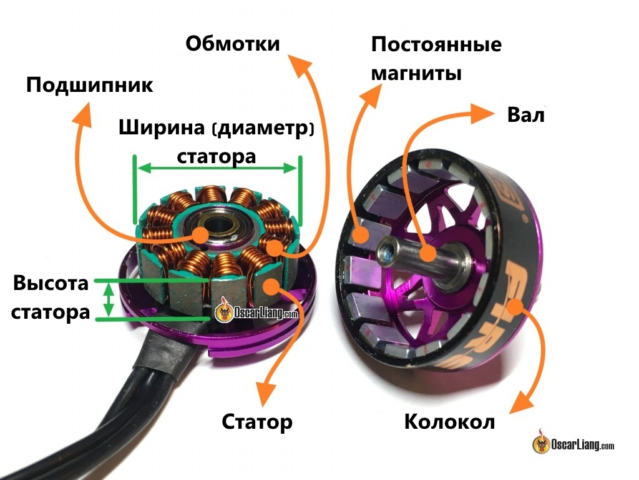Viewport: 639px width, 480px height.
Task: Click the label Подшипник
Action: (89, 85)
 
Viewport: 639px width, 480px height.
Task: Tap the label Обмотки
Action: (233, 43)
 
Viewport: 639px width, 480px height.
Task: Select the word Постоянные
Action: (436, 44)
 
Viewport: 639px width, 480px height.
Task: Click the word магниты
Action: (416, 74)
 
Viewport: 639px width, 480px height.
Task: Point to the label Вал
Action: (525, 115)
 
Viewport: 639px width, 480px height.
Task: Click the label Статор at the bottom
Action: (257, 422)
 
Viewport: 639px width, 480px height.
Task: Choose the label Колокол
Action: (449, 422)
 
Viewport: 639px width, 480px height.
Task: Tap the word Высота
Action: (51, 283)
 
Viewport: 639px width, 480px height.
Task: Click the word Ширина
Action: (162, 127)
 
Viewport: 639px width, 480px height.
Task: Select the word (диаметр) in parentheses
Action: (263, 129)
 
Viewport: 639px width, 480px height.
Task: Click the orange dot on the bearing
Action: (200, 235)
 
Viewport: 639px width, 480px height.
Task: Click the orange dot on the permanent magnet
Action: (361, 236)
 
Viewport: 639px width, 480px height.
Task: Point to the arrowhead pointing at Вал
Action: (482, 114)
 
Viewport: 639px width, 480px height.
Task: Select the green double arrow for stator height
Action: (109, 300)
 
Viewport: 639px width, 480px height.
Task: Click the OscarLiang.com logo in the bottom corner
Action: (573, 442)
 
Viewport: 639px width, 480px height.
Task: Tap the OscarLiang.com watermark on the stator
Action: (256, 312)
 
